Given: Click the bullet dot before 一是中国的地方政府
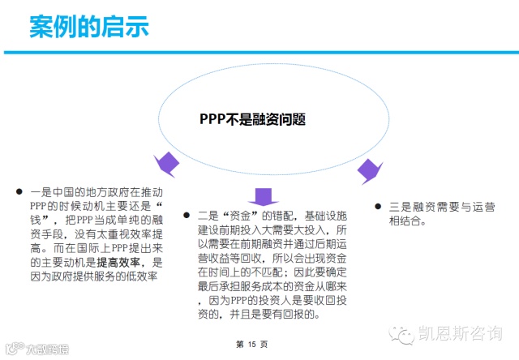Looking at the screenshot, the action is pyautogui.click(x=19, y=192).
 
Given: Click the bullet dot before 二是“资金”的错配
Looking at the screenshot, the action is pyautogui.click(x=186, y=215).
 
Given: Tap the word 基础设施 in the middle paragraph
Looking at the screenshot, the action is pyautogui.click(x=330, y=216).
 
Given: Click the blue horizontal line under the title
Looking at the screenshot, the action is pyautogui.click(x=259, y=53).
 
